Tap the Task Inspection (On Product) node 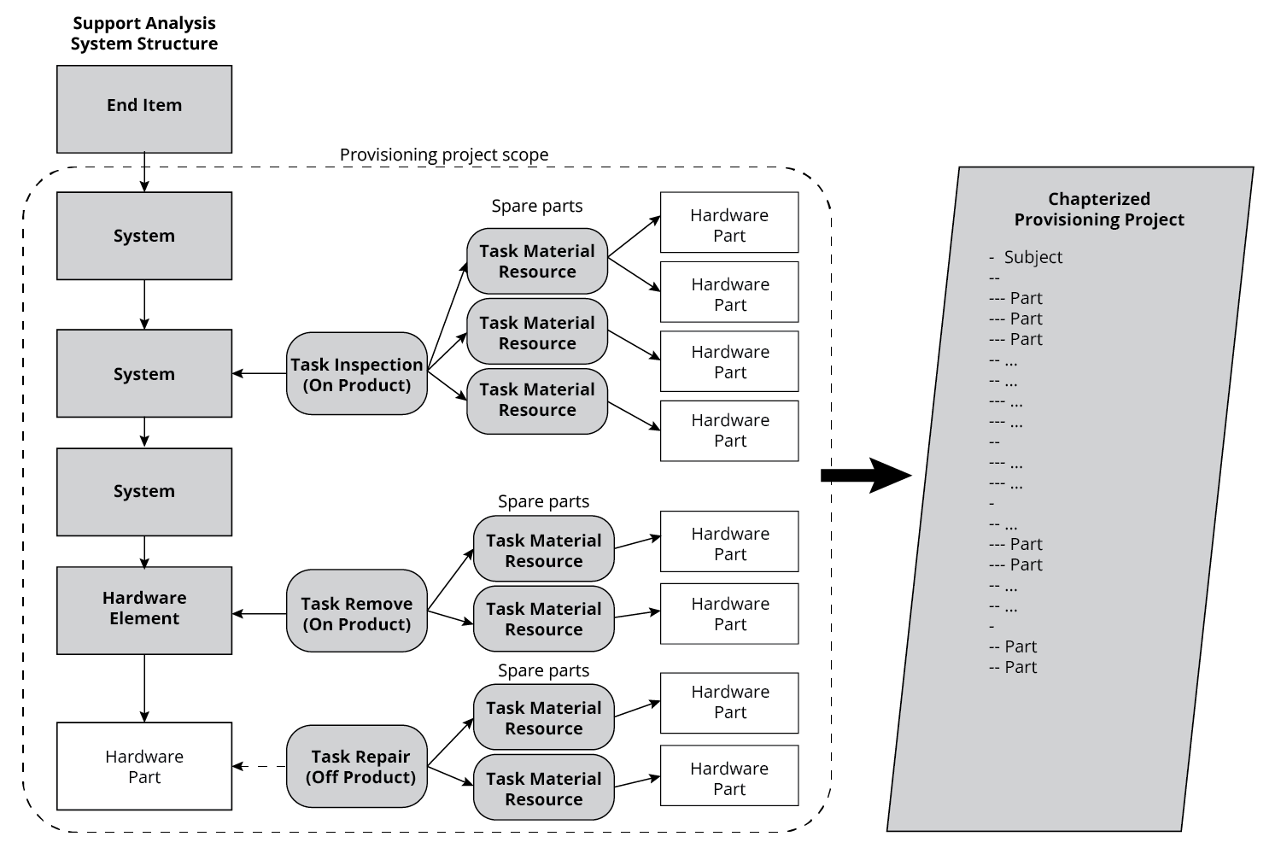click(356, 374)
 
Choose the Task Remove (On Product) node click(356, 613)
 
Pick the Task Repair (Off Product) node click(356, 766)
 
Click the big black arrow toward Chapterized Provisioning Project click(864, 476)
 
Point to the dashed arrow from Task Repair click(260, 767)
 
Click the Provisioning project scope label click(443, 155)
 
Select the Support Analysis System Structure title click(143, 33)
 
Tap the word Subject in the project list click(1032, 257)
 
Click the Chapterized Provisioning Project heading click(1098, 209)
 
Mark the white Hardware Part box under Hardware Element click(144, 766)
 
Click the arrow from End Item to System click(144, 173)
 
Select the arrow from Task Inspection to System click(260, 373)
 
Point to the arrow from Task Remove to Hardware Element click(260, 613)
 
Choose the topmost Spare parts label click(536, 206)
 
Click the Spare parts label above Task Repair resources click(543, 670)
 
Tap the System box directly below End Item click(144, 236)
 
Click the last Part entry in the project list click(1020, 667)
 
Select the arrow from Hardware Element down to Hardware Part click(144, 688)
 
